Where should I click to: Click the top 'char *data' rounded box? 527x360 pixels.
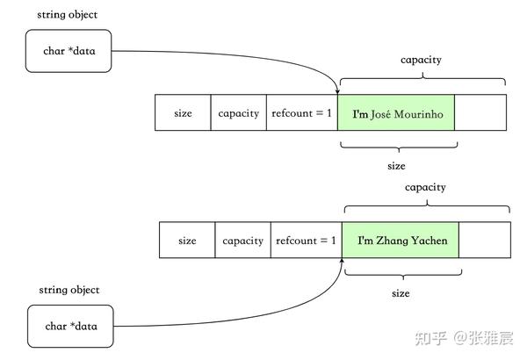tap(69, 50)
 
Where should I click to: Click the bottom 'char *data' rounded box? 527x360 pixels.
tap(69, 326)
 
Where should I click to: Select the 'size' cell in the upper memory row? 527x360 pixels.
tap(183, 113)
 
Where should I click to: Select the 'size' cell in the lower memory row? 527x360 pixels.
tap(187, 241)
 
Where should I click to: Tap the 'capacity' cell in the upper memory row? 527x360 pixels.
tap(238, 113)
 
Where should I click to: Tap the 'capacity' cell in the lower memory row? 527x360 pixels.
tap(242, 241)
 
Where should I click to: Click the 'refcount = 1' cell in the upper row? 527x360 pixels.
tap(301, 113)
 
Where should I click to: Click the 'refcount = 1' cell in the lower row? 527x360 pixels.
tap(306, 241)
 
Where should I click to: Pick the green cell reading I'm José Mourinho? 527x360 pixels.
tap(396, 113)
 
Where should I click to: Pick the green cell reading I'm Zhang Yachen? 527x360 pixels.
tap(401, 241)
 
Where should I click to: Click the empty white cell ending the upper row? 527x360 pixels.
tap(480, 113)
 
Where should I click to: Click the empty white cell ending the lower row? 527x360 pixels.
tap(485, 241)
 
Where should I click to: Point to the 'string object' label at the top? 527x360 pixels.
tap(67, 15)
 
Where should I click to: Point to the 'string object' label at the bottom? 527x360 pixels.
tap(69, 290)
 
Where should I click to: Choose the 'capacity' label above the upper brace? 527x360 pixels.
tap(421, 60)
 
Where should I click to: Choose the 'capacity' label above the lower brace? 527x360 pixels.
tap(425, 187)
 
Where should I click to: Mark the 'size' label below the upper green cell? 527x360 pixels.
tap(396, 165)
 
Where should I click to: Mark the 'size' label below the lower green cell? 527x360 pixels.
tap(401, 293)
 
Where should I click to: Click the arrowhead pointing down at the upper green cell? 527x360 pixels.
tap(337, 90)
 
